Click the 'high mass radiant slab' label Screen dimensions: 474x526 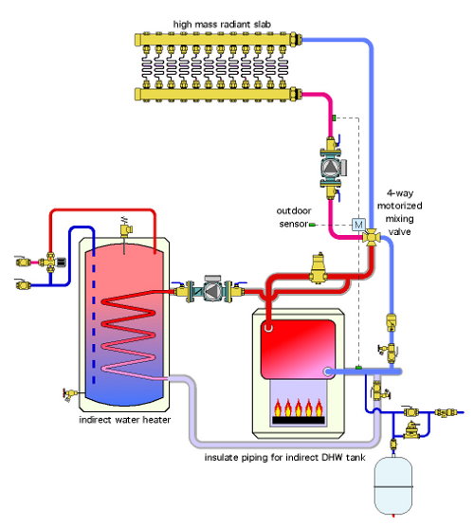pos(222,24)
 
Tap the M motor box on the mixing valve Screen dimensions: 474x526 pos(358,225)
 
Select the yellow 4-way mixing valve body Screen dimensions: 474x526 pos(371,237)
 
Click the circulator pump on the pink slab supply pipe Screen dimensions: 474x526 pos(332,168)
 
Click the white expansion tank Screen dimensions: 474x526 pos(393,484)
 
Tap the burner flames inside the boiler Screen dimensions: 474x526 pos(298,408)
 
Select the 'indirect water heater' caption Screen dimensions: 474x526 pos(125,420)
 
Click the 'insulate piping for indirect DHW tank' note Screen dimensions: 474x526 pos(284,457)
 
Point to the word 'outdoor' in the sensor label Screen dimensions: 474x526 pos(294,210)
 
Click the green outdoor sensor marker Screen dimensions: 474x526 pos(312,225)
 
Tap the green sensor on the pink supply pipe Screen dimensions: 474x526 pos(334,118)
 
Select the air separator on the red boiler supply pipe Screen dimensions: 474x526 pos(318,268)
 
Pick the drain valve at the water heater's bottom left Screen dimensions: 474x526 pos(70,393)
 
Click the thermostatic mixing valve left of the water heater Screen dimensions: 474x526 pos(51,262)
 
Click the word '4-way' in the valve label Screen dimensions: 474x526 pos(399,193)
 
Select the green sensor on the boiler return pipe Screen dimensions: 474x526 pos(358,368)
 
